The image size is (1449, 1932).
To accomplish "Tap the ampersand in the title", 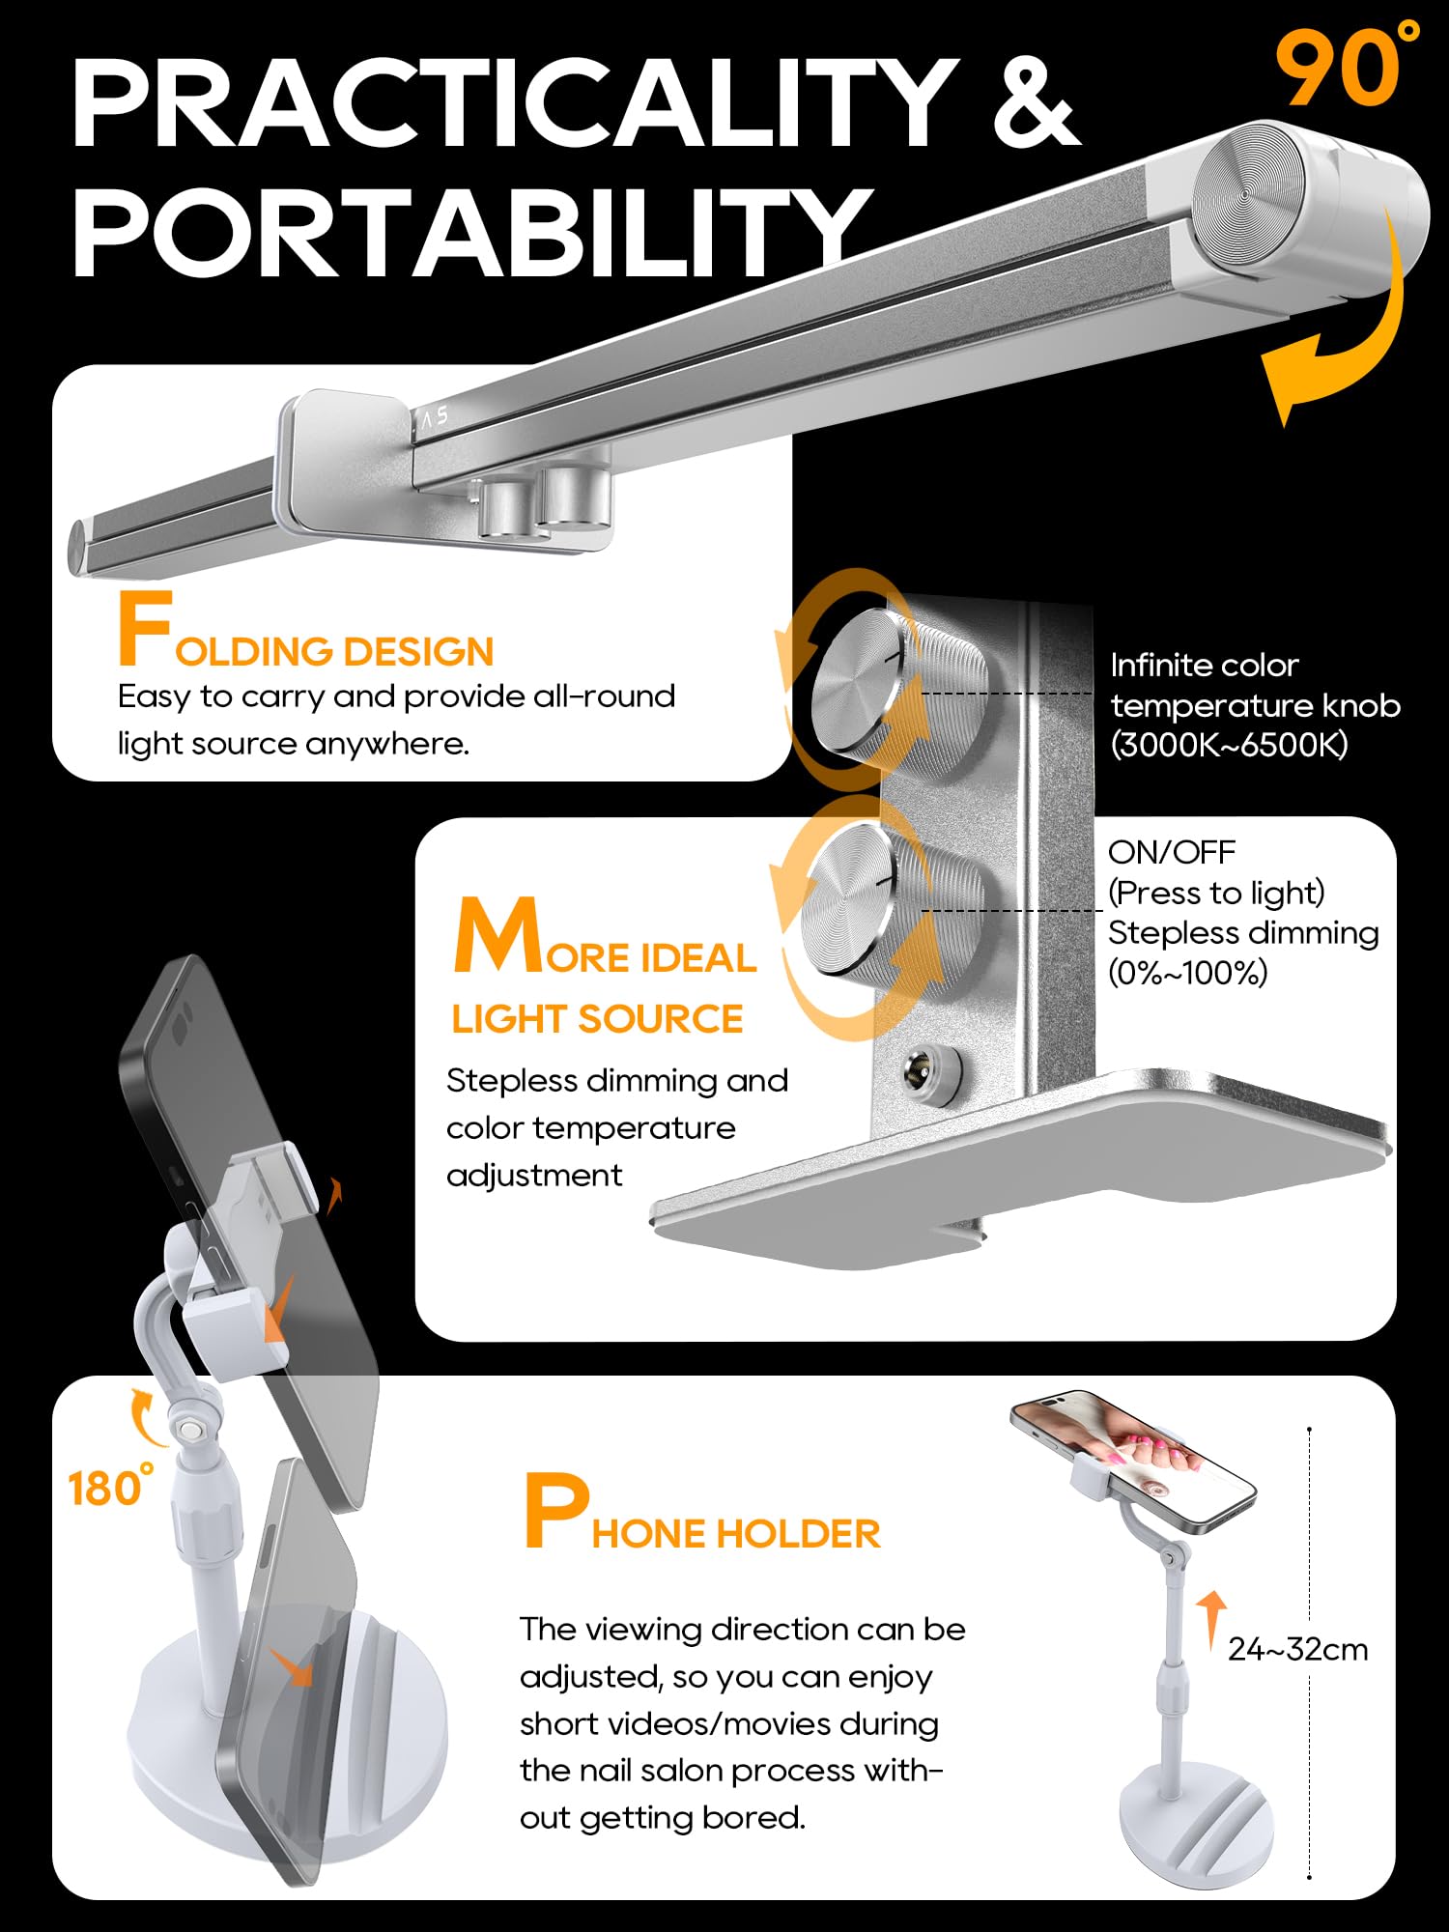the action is coord(1036,101).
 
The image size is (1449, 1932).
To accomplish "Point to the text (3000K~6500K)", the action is coord(1229,745).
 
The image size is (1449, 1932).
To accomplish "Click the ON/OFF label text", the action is coord(1171,852).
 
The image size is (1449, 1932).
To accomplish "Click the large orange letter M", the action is coord(497,934).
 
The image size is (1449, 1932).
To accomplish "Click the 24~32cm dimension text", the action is coord(1297,1649).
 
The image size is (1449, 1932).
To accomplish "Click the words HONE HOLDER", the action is coord(736,1534).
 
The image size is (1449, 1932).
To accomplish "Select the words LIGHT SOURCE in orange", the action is coord(597,1019).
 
